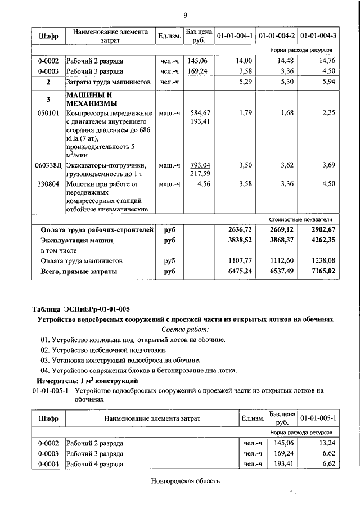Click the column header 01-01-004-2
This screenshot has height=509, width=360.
[277, 36]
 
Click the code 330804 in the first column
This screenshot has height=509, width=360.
[48, 183]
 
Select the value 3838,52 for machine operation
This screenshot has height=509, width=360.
[240, 240]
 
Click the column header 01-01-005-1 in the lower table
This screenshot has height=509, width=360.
[318, 418]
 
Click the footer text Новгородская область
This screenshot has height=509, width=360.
[185, 481]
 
